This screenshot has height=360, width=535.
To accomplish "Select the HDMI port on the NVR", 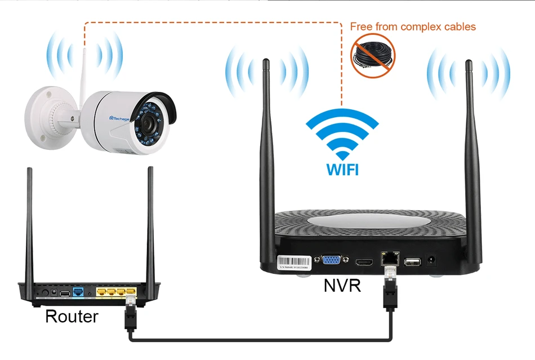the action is (x=363, y=262).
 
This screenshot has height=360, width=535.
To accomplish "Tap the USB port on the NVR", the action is (x=412, y=261).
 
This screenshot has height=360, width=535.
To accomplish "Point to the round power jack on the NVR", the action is (x=433, y=260).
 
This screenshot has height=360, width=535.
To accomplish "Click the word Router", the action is (x=71, y=316).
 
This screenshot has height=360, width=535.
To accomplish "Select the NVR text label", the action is (x=342, y=286).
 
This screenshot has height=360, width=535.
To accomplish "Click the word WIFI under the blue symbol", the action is (x=342, y=168).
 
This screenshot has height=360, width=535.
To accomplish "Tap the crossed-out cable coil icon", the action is (x=373, y=55).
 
